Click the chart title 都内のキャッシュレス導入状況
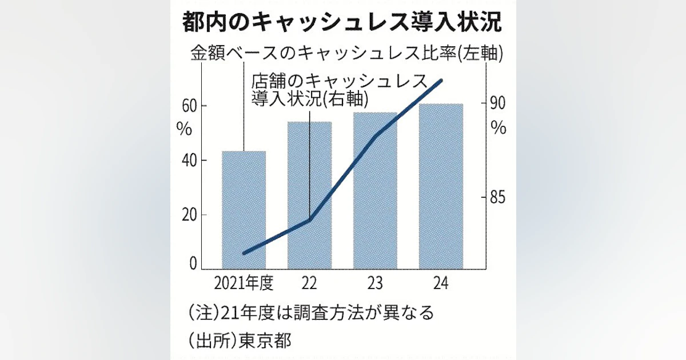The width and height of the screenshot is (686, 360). [x=342, y=22]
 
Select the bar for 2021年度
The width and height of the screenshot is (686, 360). [x=244, y=210]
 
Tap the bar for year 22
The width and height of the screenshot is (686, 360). [x=310, y=195]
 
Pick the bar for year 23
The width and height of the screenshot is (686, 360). [x=375, y=191]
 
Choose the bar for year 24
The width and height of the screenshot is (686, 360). [x=441, y=186]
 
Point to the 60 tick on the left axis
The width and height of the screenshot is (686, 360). [x=189, y=106]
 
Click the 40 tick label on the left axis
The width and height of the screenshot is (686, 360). [x=189, y=161]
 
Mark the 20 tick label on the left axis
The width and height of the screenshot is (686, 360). [x=189, y=215]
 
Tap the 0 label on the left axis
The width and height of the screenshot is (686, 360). [x=193, y=263]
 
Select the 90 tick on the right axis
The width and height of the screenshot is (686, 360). [x=498, y=103]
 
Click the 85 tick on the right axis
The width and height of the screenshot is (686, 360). [x=498, y=198]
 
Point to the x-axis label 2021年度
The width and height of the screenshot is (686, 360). [x=244, y=283]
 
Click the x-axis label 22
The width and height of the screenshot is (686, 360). [x=309, y=283]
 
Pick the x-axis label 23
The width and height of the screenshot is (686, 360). [x=375, y=283]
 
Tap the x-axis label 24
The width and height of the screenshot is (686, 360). [x=441, y=283]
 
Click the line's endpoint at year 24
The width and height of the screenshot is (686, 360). [x=441, y=80]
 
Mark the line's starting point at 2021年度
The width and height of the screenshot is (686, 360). [x=244, y=253]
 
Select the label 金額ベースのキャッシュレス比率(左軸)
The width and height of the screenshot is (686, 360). [x=347, y=53]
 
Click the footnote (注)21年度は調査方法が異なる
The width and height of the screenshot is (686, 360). [x=311, y=313]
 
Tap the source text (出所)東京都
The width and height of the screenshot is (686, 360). [x=239, y=341]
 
